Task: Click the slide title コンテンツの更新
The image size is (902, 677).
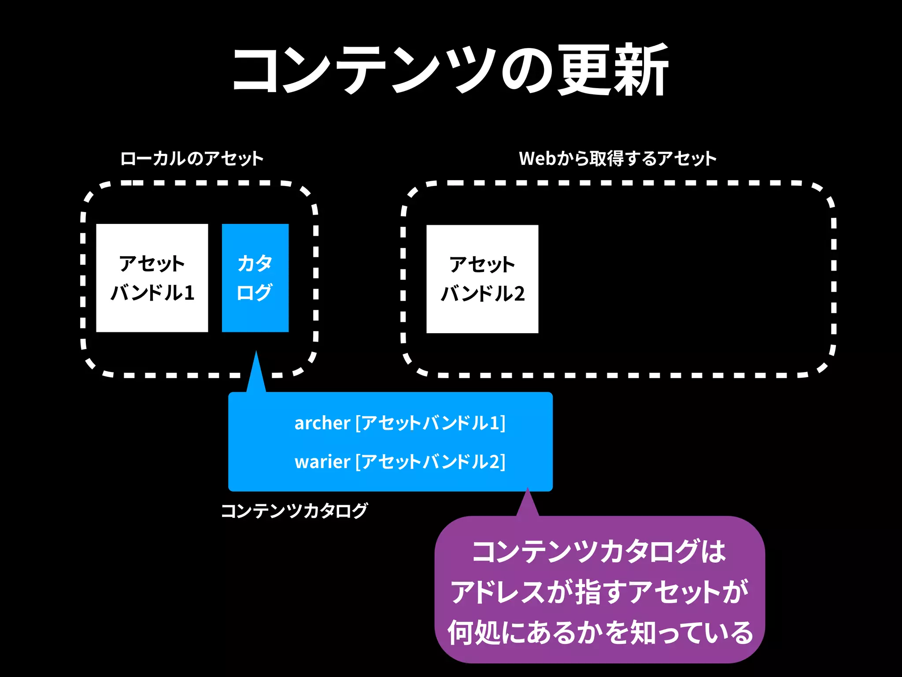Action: tap(450, 71)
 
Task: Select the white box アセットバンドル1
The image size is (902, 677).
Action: tap(152, 278)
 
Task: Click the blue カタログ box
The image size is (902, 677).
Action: tap(255, 278)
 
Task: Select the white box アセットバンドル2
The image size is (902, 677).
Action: tap(482, 279)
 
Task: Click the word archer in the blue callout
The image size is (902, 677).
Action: tap(322, 423)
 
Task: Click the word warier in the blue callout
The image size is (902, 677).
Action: tap(322, 462)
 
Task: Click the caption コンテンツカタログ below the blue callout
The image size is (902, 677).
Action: tap(294, 511)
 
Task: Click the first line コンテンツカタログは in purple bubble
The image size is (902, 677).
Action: tap(599, 551)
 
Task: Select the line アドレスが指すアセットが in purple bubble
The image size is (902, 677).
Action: tap(599, 592)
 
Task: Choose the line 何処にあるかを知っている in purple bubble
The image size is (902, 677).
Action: tap(600, 632)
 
